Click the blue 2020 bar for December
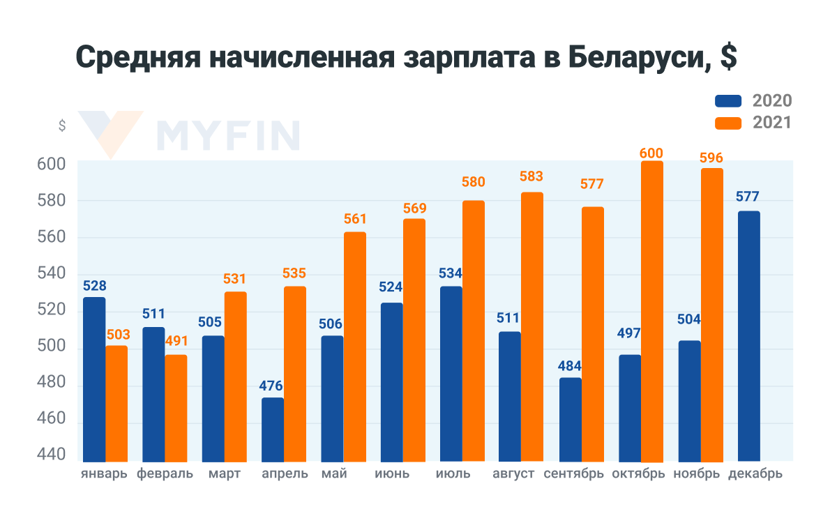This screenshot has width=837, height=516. coord(748,335)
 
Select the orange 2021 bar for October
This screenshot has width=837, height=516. coord(652,310)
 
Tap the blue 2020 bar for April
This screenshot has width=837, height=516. coord(273,429)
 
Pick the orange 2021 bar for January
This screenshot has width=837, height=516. coord(116,403)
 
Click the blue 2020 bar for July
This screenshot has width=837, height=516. coord(451,373)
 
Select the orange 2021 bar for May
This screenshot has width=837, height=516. coord(354,346)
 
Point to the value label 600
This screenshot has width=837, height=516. coord(651,153)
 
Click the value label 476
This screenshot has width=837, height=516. coord(272,385)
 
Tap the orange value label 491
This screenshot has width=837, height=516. coord(176,342)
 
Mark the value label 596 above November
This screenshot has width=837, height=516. coord(711,158)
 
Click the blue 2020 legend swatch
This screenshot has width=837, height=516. coord(728,100)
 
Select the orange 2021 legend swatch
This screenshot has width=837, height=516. coord(728,123)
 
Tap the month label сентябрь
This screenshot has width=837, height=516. coord(572,474)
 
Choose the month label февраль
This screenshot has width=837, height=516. coord(165,474)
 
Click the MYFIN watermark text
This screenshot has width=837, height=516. coord(229,135)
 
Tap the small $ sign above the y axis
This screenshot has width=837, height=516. coord(62,126)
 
